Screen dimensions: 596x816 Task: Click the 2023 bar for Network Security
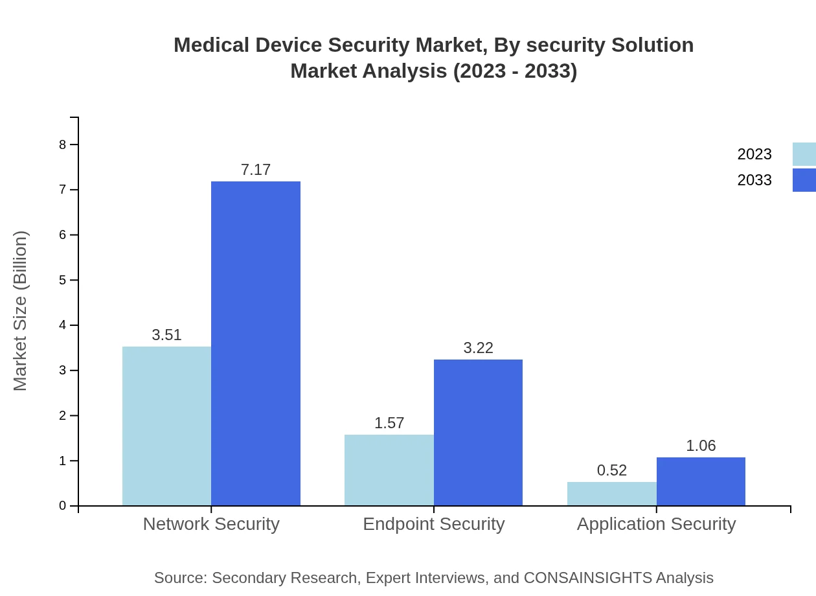[x=166, y=426]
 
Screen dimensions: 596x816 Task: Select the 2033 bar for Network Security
[x=256, y=343]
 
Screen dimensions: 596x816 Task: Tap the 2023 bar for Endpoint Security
[x=389, y=470]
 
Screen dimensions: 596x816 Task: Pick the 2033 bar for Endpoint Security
[x=478, y=432]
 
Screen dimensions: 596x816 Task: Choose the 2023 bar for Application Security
[x=611, y=494]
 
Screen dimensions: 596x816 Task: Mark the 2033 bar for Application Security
[x=701, y=481]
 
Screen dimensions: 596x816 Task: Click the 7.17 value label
[x=256, y=170]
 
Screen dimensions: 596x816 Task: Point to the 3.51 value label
[x=166, y=335]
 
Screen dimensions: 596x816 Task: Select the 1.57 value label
[x=389, y=423]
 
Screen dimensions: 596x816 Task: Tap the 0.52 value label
[x=611, y=470]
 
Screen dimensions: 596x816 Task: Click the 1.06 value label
[x=701, y=446]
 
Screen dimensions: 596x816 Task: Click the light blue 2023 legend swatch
[x=804, y=154]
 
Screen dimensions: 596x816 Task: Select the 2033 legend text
[x=754, y=180]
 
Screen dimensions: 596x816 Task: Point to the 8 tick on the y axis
[x=63, y=144]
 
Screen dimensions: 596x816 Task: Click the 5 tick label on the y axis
[x=63, y=280]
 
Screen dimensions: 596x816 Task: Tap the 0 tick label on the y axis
[x=63, y=506]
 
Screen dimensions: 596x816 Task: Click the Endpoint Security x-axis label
[x=433, y=523]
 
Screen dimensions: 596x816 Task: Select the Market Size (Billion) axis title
[x=20, y=311]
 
